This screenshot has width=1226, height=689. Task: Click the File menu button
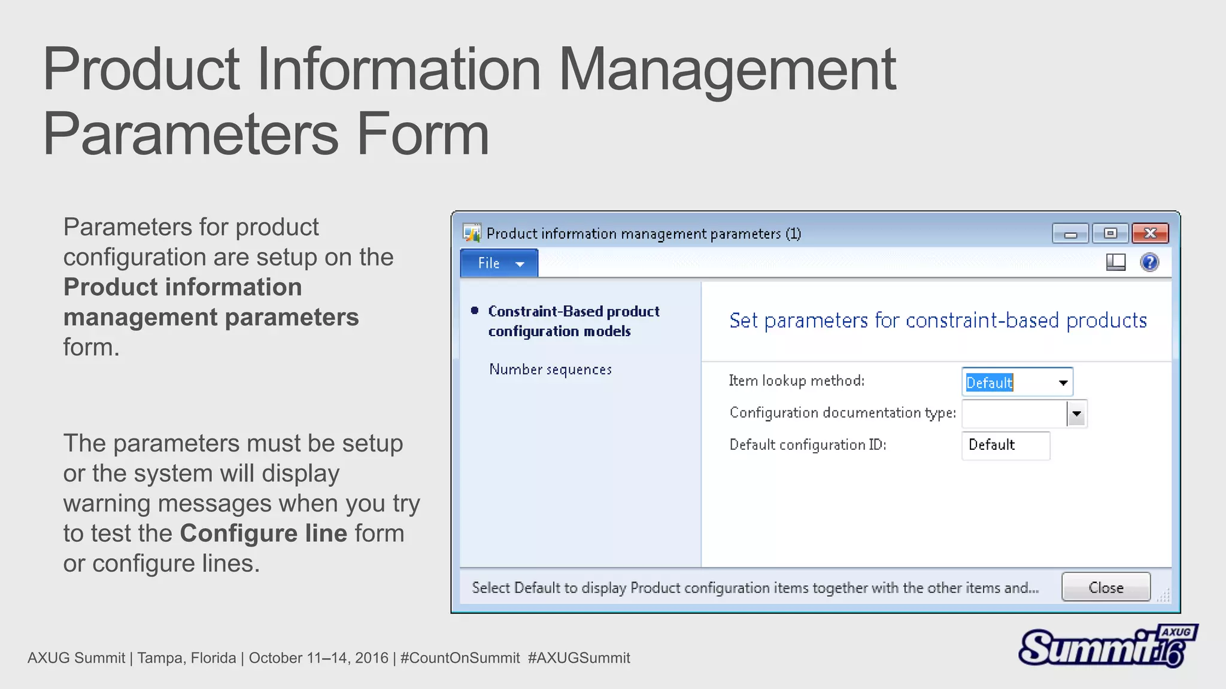(499, 263)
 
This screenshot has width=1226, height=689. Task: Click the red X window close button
(1150, 233)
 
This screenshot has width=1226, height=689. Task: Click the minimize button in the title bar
(1070, 234)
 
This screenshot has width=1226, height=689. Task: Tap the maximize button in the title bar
(1110, 233)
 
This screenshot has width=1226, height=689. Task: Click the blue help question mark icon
(1149, 262)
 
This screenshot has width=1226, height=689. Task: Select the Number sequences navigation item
(550, 370)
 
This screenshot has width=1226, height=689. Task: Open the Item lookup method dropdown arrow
(1063, 383)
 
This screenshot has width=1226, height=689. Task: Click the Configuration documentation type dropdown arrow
(1076, 414)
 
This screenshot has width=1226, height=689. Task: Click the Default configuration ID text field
(1006, 446)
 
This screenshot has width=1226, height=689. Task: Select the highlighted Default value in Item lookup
(989, 383)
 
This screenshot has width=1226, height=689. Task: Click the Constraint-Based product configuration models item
(573, 321)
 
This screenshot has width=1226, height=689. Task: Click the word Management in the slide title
(727, 70)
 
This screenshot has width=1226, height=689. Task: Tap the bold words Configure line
(263, 533)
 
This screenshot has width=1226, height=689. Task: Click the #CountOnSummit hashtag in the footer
(460, 658)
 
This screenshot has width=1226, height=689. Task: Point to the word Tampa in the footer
(157, 658)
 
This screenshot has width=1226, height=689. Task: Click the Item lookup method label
(796, 381)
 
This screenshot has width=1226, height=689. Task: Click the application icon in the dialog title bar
(472, 233)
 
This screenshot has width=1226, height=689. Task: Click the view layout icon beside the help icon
(1115, 262)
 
